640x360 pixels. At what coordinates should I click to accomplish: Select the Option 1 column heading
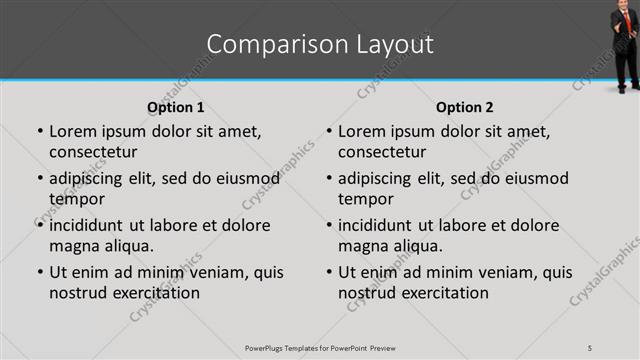pyautogui.click(x=176, y=107)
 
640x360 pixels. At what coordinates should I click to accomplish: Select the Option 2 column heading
pyautogui.click(x=465, y=107)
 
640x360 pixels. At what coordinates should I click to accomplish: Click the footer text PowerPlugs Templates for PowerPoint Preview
pyautogui.click(x=319, y=347)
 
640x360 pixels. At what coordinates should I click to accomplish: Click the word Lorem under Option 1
pyautogui.click(x=73, y=131)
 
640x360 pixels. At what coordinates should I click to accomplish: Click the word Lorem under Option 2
pyautogui.click(x=362, y=131)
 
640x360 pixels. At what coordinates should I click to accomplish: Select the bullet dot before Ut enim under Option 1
pyautogui.click(x=39, y=273)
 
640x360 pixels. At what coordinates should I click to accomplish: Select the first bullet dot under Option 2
pyautogui.click(x=328, y=132)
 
